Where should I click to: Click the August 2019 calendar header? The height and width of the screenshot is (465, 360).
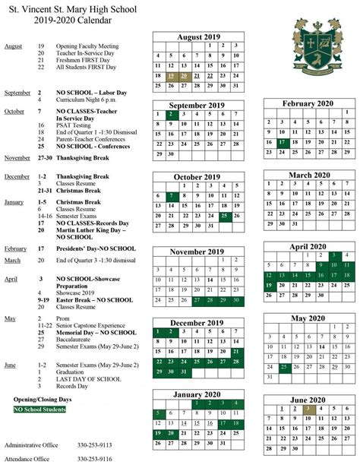pyautogui.click(x=198, y=36)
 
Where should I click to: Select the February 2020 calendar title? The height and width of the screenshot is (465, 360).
pyautogui.click(x=308, y=103)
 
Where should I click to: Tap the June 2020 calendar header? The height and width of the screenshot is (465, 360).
pyautogui.click(x=308, y=400)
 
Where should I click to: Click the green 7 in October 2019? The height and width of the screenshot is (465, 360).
pyautogui.click(x=172, y=196)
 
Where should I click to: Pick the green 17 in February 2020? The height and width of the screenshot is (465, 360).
pyautogui.click(x=283, y=142)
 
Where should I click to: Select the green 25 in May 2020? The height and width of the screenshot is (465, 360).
pyautogui.click(x=283, y=367)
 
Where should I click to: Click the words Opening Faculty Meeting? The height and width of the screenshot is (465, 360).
pyautogui.click(x=88, y=46)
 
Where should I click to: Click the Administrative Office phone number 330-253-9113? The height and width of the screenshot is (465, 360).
pyautogui.click(x=94, y=444)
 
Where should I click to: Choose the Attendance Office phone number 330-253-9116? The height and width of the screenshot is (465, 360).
pyautogui.click(x=94, y=459)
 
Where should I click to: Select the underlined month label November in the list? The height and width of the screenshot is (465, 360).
pyautogui.click(x=17, y=157)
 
